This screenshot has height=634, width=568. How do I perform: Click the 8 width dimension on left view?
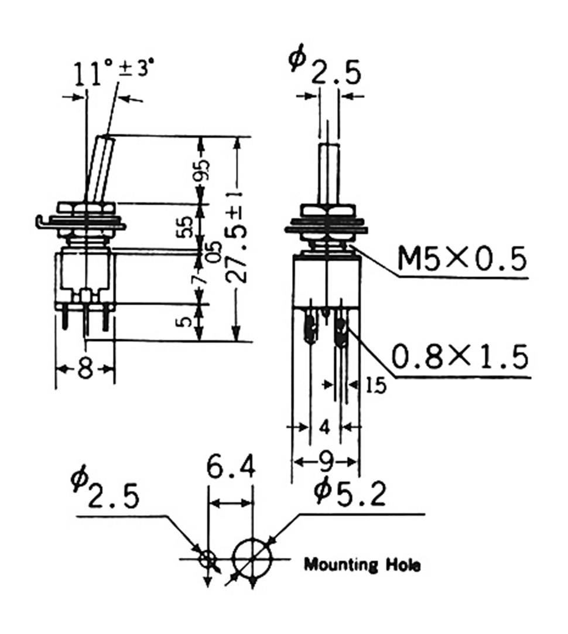pos(85,369)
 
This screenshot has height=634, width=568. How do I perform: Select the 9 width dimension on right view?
pos(326,462)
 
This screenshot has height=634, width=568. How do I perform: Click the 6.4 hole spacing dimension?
pos(231,469)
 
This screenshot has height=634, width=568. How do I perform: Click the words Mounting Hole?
pos(362,565)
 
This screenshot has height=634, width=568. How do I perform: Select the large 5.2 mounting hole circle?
pos(253,558)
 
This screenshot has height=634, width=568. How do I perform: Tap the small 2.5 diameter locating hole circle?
pos(207,558)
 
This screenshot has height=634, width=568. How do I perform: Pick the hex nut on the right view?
pos(329,211)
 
